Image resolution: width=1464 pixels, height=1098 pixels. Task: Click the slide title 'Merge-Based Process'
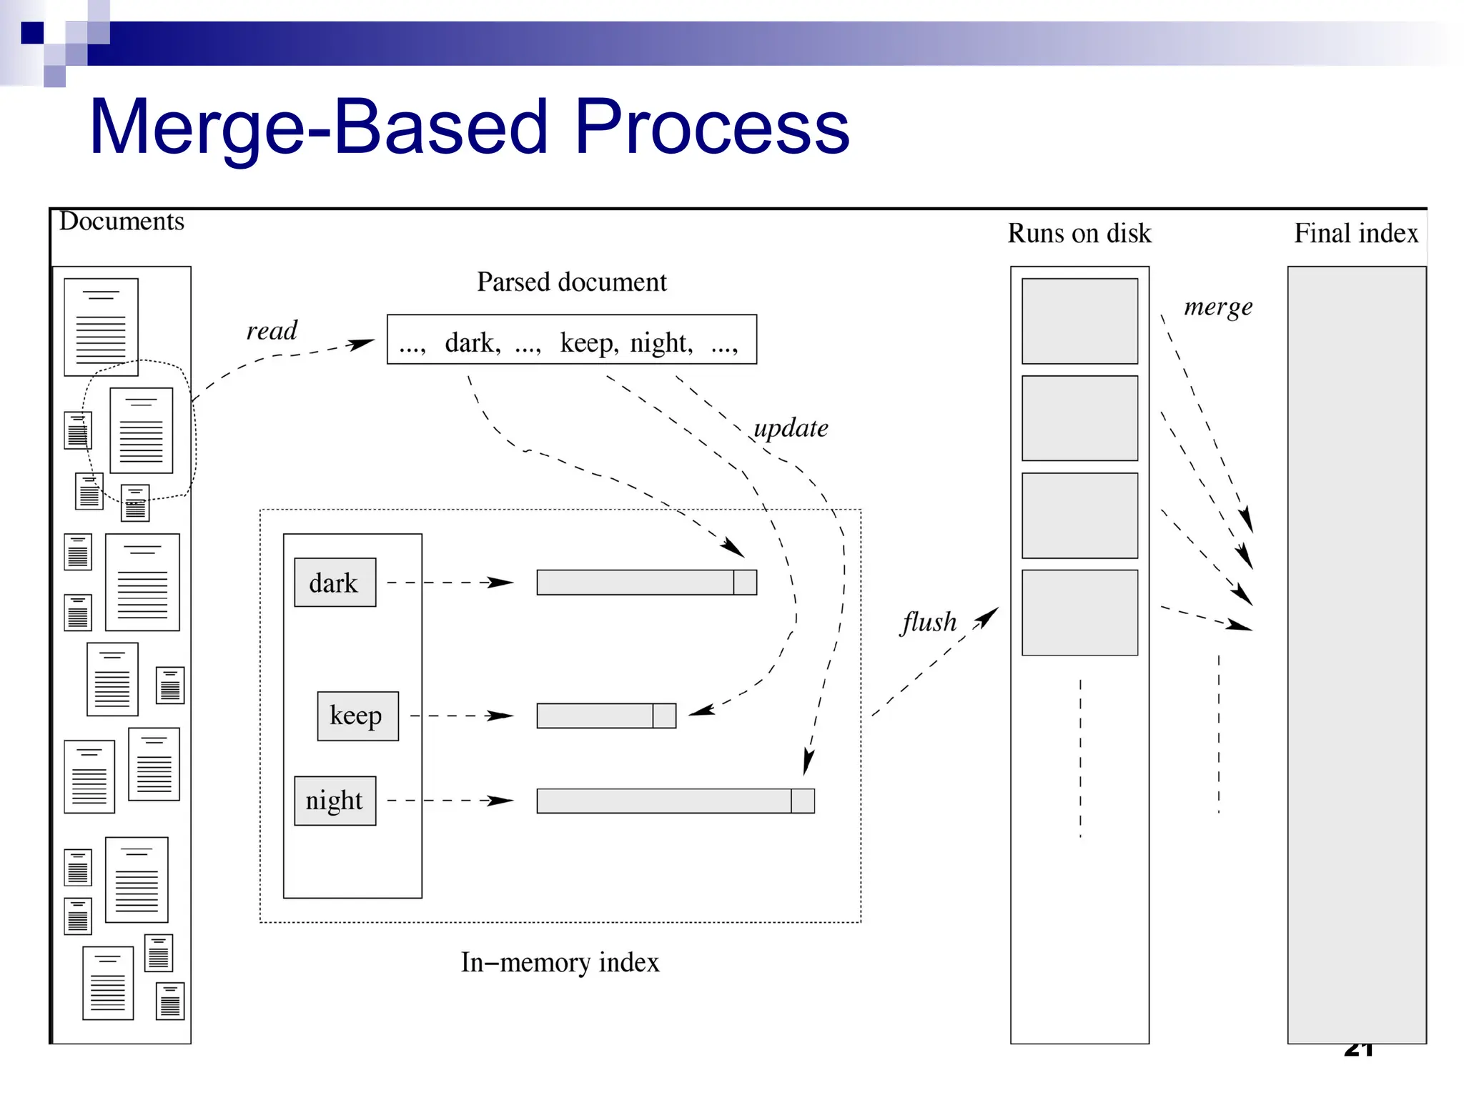469,127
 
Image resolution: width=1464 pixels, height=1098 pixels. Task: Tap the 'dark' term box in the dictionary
335,583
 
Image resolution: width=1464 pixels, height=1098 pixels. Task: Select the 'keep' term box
357,716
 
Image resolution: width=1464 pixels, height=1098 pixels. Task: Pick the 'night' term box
335,801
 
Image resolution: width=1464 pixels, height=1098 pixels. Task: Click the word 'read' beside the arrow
272,330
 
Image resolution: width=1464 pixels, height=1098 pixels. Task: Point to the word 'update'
791,428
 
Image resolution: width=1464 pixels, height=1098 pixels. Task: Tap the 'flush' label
929,622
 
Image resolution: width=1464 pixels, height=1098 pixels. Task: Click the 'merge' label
1218,307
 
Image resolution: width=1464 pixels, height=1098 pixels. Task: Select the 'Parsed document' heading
571,282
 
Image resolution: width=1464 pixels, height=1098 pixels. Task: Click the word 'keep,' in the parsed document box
588,342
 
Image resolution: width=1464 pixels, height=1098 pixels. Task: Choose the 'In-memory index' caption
560,962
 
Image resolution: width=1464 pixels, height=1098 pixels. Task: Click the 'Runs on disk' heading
1079,233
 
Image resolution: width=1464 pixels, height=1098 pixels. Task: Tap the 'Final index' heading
1356,233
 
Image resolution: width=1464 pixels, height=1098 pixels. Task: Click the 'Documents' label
122,222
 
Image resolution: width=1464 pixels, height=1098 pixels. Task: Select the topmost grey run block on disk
1079,321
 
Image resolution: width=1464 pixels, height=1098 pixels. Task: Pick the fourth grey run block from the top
1079,613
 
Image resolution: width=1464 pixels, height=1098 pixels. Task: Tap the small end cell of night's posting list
803,801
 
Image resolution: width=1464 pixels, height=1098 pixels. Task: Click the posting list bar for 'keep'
595,716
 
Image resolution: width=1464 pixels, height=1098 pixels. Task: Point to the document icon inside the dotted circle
142,430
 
